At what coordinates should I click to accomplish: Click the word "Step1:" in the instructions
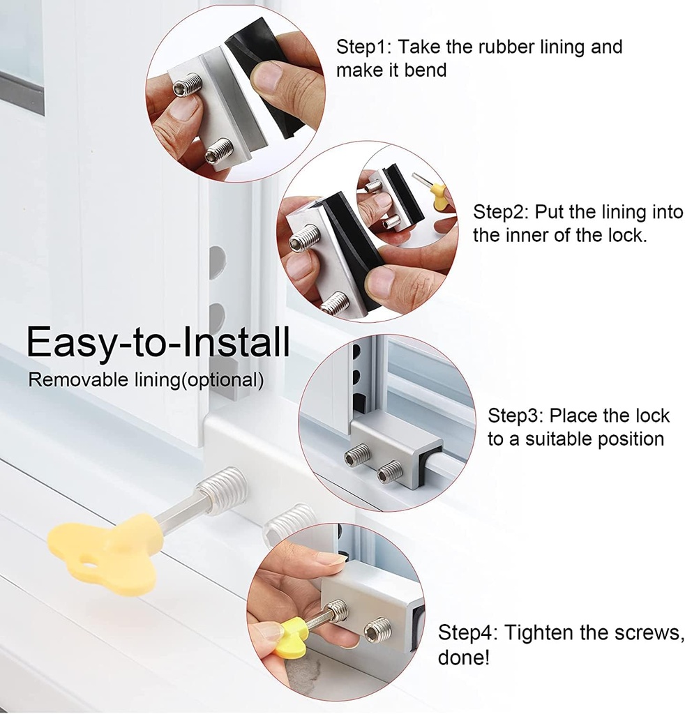pos(363,47)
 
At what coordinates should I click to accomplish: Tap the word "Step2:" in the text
pos(500,212)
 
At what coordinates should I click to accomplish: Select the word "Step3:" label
pos(515,416)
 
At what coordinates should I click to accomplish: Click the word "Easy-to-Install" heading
pos(158,342)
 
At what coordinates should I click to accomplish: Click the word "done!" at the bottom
pos(464,658)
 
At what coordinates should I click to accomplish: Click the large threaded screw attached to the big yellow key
pos(223,489)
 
